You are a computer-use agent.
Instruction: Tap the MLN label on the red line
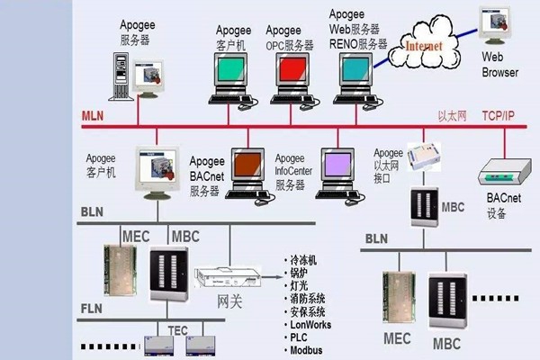(94, 116)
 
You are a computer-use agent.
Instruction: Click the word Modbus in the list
(307, 349)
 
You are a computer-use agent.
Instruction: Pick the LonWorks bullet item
(310, 324)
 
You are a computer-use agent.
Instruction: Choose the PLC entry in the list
(300, 337)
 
